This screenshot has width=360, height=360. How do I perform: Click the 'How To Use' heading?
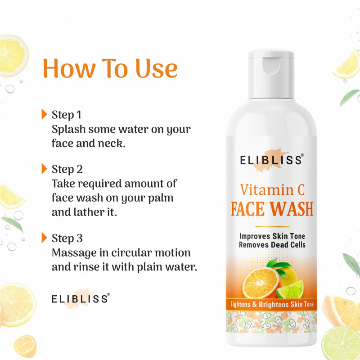(x=110, y=68)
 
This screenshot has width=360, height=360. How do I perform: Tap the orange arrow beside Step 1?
(x=44, y=114)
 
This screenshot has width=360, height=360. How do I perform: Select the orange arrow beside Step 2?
(x=44, y=169)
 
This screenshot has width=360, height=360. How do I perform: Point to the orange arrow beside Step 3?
(x=44, y=238)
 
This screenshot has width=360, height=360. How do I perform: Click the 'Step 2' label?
(x=67, y=170)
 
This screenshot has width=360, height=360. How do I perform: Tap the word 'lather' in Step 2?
(x=89, y=211)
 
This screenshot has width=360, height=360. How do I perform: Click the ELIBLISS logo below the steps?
(x=81, y=299)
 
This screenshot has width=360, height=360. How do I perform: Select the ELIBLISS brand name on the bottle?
(x=271, y=160)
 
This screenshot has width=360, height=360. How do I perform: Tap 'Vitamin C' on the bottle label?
(x=273, y=190)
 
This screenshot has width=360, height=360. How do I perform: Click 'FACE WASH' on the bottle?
(x=272, y=209)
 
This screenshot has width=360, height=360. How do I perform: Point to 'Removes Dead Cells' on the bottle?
(x=272, y=245)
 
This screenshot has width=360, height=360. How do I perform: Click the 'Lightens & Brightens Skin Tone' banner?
(x=272, y=305)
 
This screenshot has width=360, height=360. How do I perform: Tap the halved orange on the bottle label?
(x=261, y=283)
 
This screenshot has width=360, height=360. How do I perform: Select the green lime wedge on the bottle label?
(x=290, y=289)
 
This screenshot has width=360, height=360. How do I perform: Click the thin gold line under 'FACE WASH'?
(x=272, y=227)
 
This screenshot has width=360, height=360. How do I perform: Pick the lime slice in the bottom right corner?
(x=341, y=343)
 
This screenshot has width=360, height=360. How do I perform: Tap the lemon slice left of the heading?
(x=13, y=56)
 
